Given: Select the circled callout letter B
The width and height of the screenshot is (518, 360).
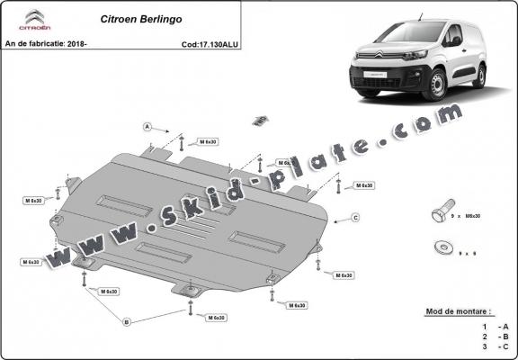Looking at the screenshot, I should [127, 321].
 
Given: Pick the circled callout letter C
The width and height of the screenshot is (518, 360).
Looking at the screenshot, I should [355, 218].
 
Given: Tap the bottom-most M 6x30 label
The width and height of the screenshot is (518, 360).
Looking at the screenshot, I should [215, 318].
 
